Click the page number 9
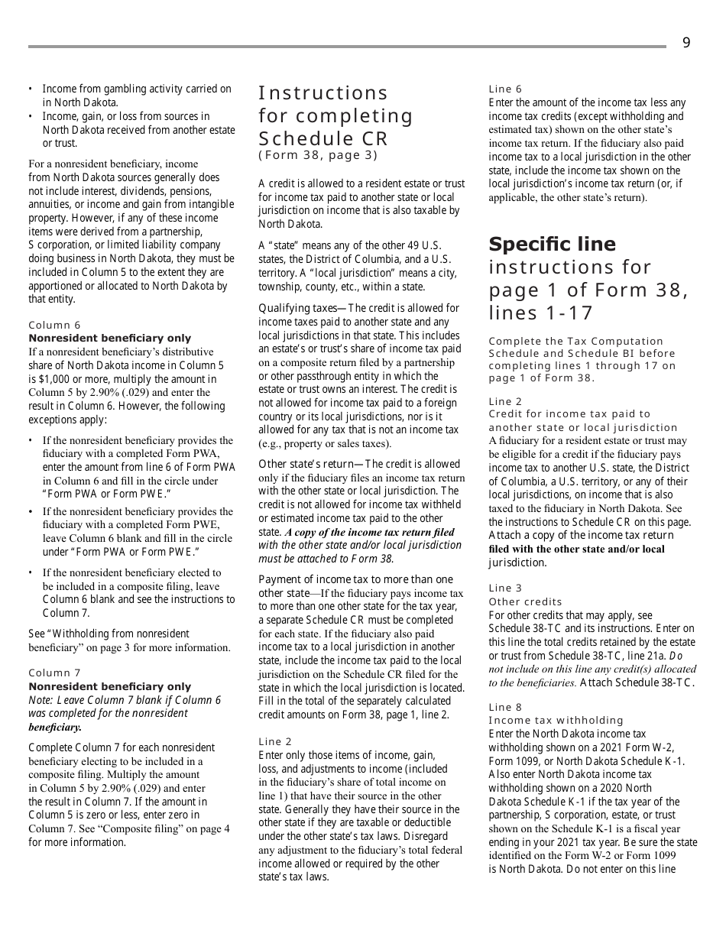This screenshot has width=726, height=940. [685, 44]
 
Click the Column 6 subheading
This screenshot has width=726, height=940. [54, 325]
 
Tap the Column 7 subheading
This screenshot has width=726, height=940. [54, 673]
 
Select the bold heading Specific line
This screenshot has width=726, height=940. [552, 245]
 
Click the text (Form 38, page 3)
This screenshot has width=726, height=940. [318, 156]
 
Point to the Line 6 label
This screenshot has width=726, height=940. [505, 89]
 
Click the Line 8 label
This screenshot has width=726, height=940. [505, 707]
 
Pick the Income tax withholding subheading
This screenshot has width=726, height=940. [556, 720]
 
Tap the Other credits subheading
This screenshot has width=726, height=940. [525, 601]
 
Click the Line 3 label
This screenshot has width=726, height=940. [505, 588]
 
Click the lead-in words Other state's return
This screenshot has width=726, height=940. [306, 464]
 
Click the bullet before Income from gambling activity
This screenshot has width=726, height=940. [31, 89]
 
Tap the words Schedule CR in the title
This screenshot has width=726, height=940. [323, 139]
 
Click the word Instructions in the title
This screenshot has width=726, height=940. [323, 93]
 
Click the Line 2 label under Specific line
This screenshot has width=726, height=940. [505, 401]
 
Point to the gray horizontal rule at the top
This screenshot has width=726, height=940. [347, 47]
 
